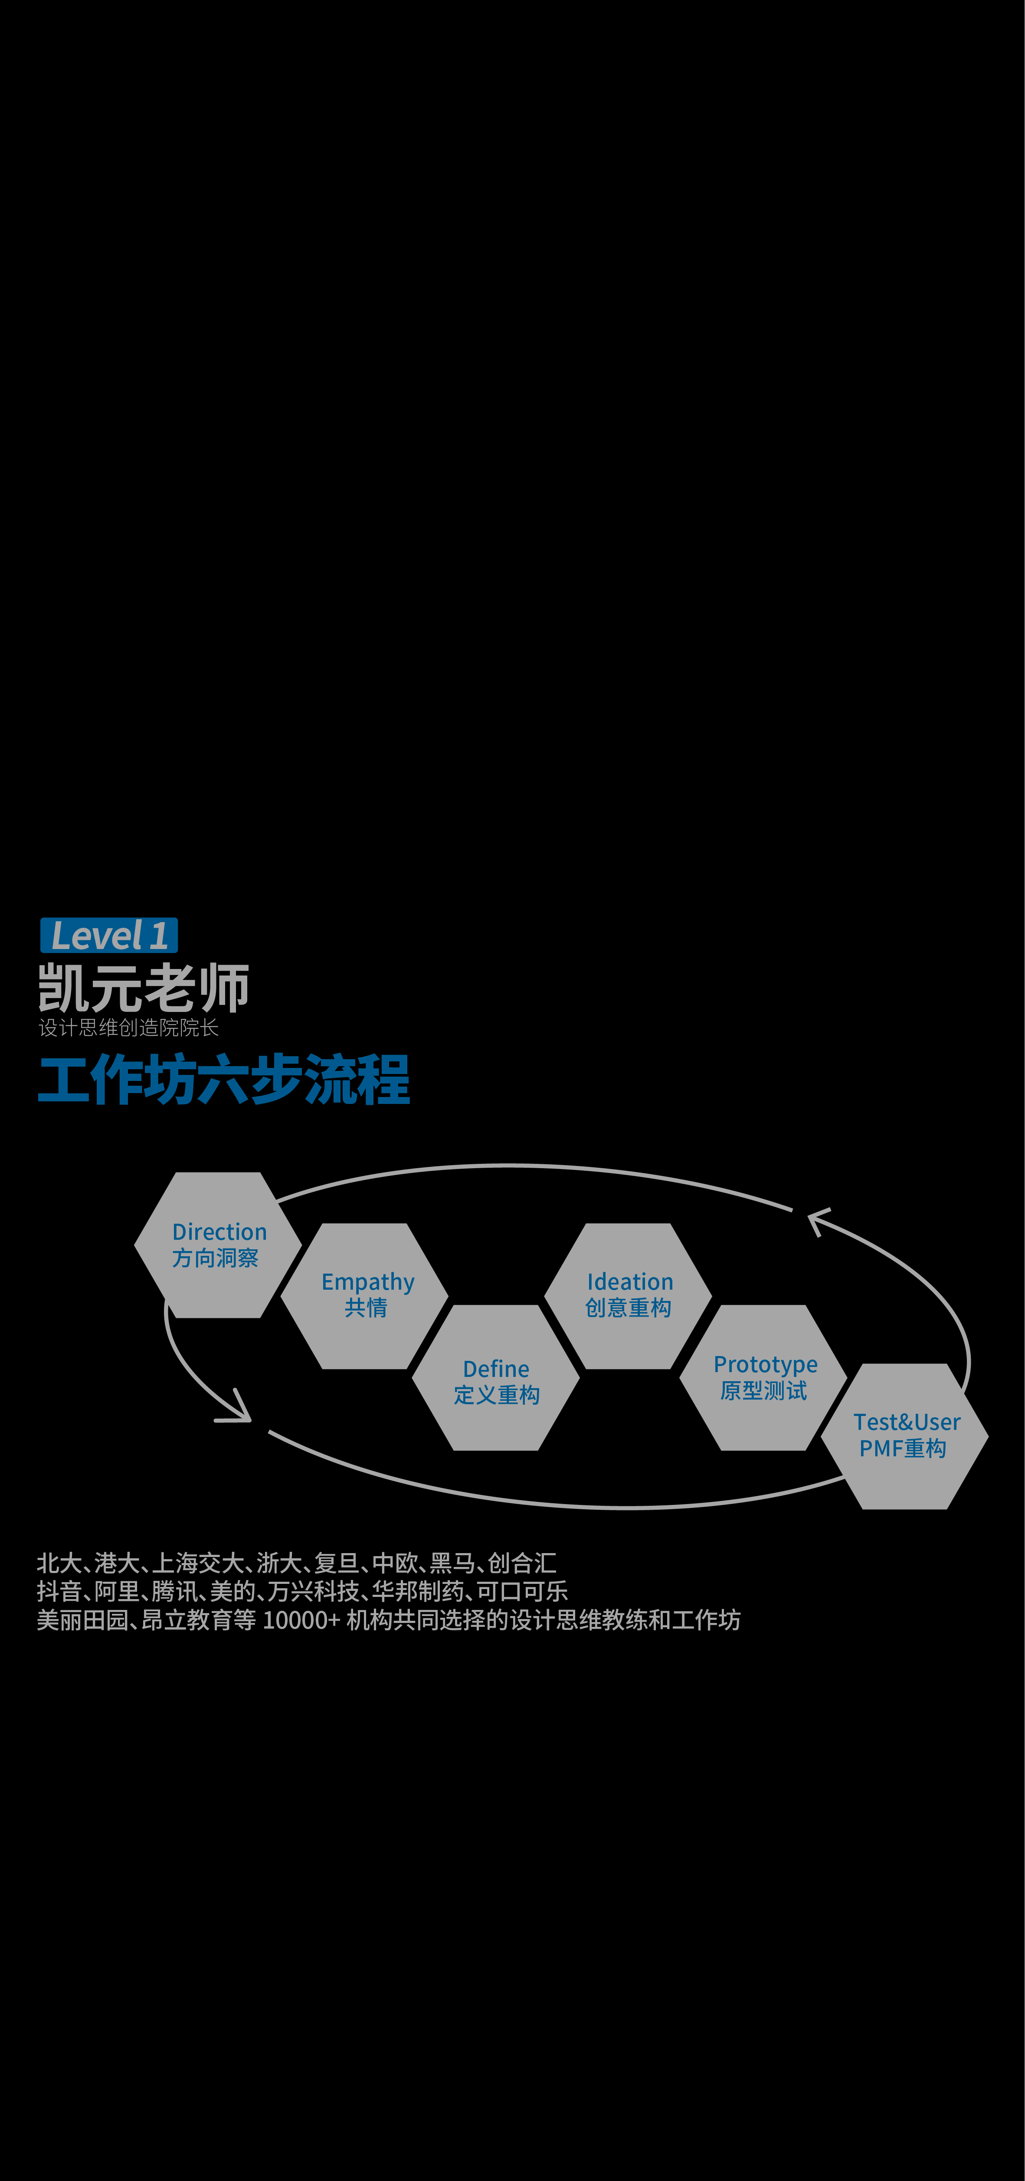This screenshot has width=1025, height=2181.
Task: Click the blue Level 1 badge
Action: click(109, 936)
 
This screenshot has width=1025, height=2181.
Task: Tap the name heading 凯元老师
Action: click(144, 988)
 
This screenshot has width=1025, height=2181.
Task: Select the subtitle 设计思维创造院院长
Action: click(129, 1028)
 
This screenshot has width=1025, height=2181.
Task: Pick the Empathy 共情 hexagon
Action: click(365, 1295)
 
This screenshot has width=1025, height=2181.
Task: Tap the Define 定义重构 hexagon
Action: click(496, 1377)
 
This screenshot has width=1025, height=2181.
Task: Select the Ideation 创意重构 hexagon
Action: click(628, 1295)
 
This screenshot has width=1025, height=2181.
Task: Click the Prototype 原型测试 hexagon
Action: click(763, 1377)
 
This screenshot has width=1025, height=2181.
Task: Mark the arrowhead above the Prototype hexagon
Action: click(819, 1220)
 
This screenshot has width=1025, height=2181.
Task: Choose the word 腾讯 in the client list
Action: click(175, 1592)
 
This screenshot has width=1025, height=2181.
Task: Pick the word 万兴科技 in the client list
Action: click(313, 1592)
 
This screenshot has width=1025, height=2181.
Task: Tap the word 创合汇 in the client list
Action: click(522, 1563)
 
